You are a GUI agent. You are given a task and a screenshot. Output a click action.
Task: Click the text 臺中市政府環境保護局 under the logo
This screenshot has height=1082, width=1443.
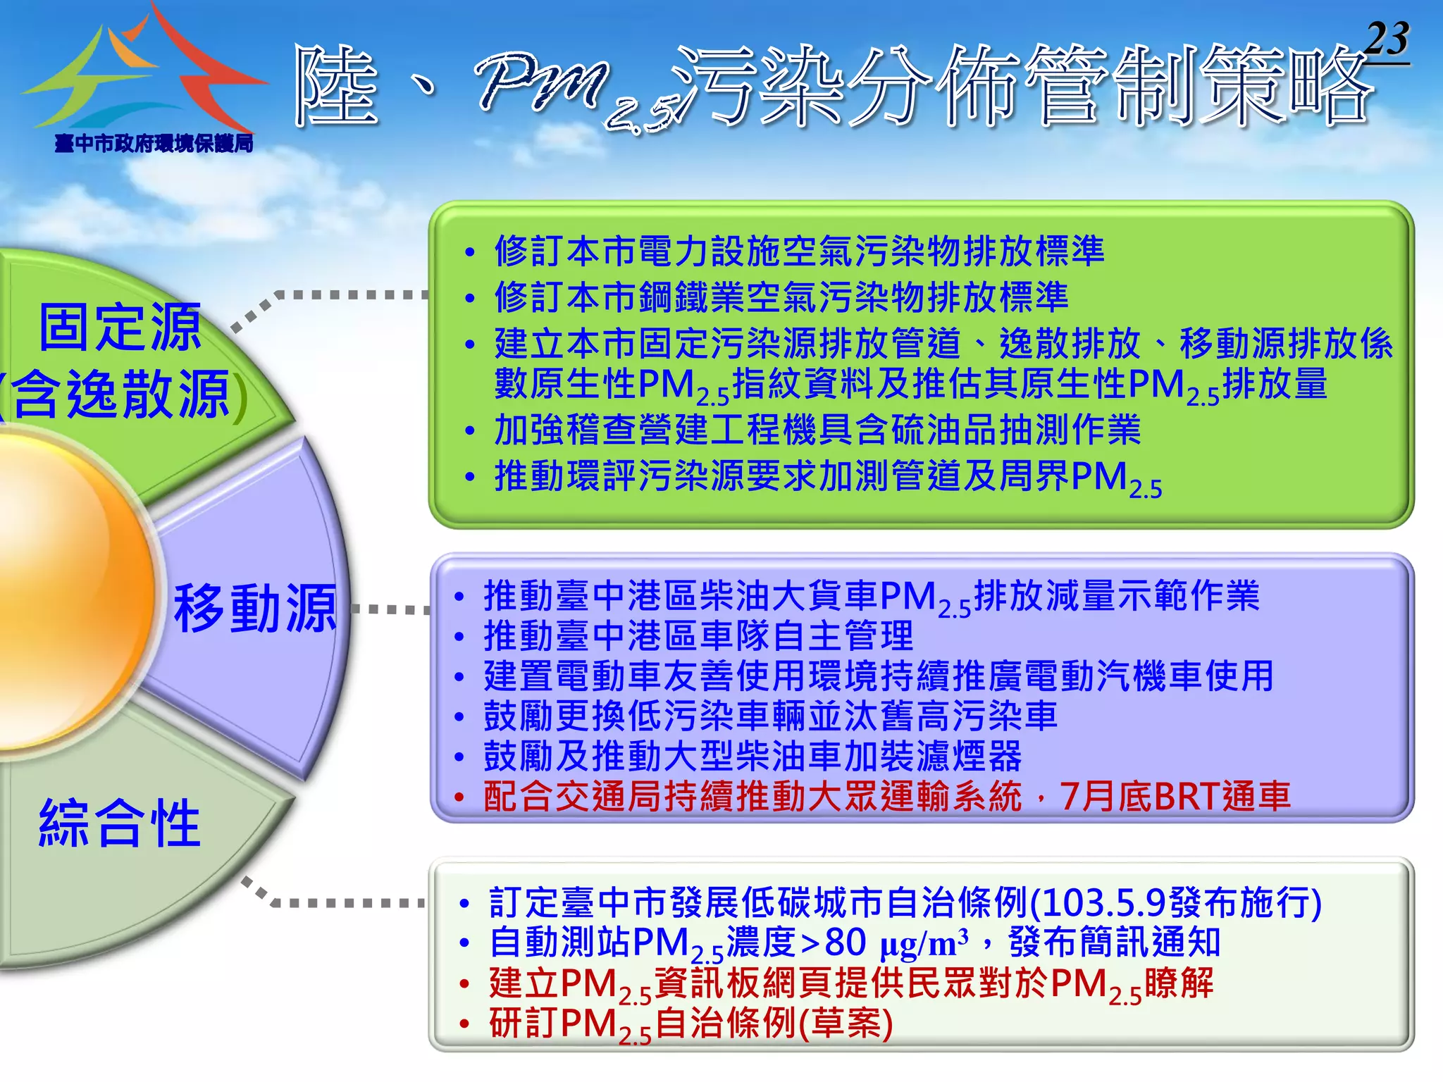pyautogui.click(x=154, y=144)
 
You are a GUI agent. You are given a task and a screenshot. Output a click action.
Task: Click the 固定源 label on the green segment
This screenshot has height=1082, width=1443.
pyautogui.click(x=120, y=328)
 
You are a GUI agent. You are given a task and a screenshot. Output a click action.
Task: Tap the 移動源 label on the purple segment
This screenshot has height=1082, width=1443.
pyautogui.click(x=255, y=608)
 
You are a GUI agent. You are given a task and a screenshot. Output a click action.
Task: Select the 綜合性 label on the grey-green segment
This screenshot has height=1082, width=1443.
pyautogui.click(x=120, y=823)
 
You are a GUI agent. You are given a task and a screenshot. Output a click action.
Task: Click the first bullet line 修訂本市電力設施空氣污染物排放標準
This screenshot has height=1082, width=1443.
pyautogui.click(x=799, y=251)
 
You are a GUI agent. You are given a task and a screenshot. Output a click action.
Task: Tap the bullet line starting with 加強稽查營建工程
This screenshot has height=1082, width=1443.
pyautogui.click(x=817, y=430)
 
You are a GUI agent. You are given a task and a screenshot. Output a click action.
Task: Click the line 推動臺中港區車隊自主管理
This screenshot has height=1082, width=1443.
pyautogui.click(x=698, y=636)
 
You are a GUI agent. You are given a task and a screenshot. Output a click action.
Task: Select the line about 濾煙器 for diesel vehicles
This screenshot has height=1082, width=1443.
pyautogui.click(x=752, y=757)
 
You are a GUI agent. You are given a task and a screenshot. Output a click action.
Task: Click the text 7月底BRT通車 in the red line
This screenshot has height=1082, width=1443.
pyautogui.click(x=1175, y=797)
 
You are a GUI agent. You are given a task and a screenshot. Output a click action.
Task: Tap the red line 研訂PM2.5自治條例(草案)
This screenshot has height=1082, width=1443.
pyautogui.click(x=690, y=1024)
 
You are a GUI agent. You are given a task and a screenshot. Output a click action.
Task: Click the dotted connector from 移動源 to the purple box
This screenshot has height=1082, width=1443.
pyautogui.click(x=391, y=609)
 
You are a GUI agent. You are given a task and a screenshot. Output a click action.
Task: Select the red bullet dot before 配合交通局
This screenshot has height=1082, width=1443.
pyautogui.click(x=459, y=798)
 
